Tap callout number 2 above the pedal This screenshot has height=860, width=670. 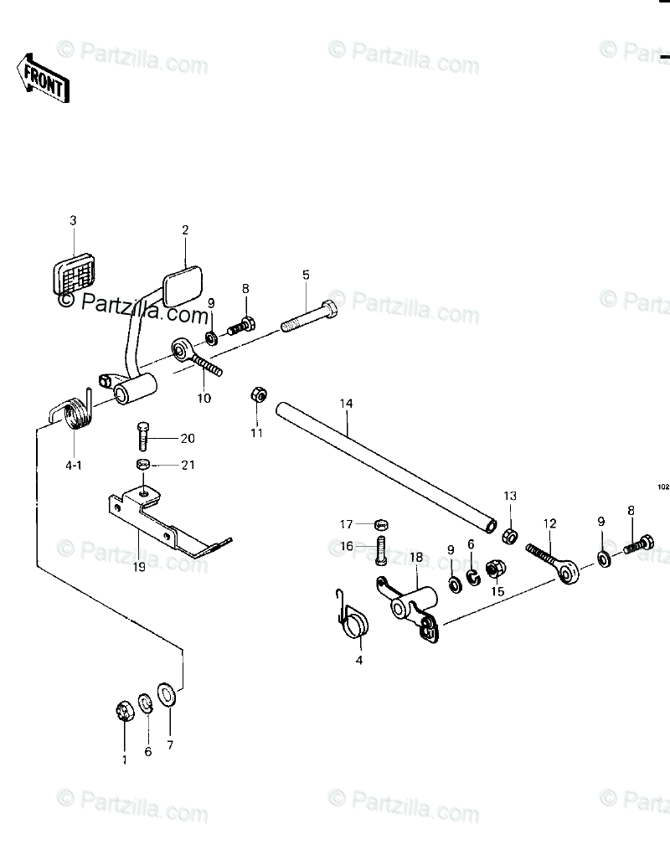tap(185, 229)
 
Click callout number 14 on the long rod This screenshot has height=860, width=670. tap(347, 404)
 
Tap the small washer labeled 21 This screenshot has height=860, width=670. tap(143, 465)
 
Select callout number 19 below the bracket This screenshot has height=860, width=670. tap(139, 566)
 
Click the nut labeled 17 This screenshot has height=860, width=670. tap(379, 525)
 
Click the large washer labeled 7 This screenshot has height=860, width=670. tap(167, 695)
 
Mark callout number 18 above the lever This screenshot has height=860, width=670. tap(416, 557)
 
